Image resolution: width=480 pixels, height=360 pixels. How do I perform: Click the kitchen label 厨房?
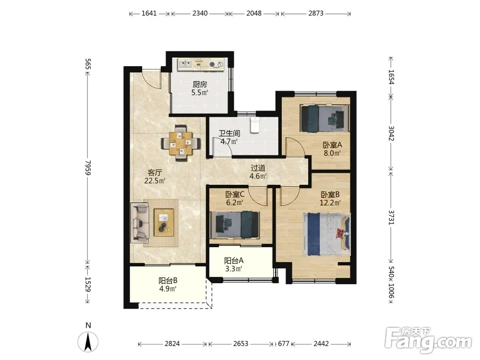200,84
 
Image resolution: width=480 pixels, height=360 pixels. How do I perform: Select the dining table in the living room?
181,143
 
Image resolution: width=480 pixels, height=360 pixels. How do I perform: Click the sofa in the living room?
140,223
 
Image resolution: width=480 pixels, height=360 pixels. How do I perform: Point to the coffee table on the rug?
164,223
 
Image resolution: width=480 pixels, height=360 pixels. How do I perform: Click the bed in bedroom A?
324,119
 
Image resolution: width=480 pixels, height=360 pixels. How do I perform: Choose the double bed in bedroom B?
326,234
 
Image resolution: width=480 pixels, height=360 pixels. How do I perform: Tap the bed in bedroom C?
235,225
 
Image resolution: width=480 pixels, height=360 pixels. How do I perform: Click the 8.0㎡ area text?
332,153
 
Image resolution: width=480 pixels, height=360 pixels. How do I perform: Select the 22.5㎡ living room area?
155,180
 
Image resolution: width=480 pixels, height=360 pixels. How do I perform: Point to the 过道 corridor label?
258,168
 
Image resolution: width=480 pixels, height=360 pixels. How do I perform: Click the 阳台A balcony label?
234,261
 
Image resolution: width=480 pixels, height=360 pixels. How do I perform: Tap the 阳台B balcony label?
168,280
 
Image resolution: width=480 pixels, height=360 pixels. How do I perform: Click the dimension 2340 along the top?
200,13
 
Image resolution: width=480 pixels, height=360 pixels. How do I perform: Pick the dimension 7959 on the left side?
88,168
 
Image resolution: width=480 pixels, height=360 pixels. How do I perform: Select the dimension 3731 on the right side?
391,217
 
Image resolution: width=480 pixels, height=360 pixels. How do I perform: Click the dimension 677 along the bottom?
284,344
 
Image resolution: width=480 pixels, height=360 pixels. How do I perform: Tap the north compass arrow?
88,342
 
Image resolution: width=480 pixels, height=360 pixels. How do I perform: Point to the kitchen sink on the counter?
185,64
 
